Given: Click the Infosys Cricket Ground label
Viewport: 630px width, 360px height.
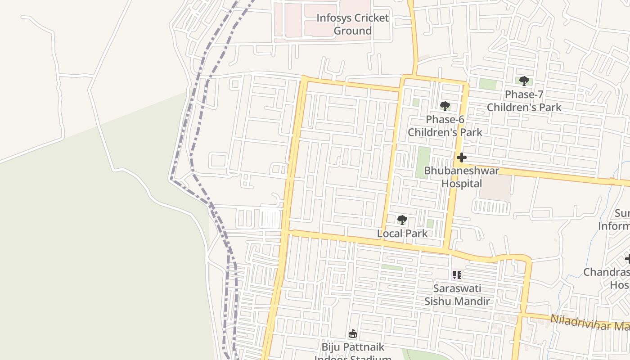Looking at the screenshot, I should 352,24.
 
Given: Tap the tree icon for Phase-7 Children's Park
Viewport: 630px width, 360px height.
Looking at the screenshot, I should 524,81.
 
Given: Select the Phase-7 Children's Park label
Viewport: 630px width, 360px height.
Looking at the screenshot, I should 524,101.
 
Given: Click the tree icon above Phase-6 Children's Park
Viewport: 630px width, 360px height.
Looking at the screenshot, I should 445,106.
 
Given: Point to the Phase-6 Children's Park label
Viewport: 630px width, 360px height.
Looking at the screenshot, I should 445,126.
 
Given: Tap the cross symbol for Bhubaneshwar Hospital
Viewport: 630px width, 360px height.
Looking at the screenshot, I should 462,157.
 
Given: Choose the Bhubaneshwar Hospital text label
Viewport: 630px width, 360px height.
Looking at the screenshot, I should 462,177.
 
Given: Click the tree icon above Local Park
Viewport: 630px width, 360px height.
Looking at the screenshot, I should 402,220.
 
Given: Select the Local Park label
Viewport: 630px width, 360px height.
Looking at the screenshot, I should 402,234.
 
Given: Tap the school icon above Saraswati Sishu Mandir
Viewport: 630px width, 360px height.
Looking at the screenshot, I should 457,274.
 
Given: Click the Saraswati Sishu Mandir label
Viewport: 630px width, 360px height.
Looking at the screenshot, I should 457,295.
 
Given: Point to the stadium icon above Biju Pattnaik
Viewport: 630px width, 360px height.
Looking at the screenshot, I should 353,334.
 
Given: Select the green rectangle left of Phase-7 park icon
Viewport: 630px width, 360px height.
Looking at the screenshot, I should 487,84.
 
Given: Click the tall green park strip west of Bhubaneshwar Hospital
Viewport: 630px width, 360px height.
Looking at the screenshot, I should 423,162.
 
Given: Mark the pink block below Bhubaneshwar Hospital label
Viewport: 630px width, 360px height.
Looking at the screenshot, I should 495,188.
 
